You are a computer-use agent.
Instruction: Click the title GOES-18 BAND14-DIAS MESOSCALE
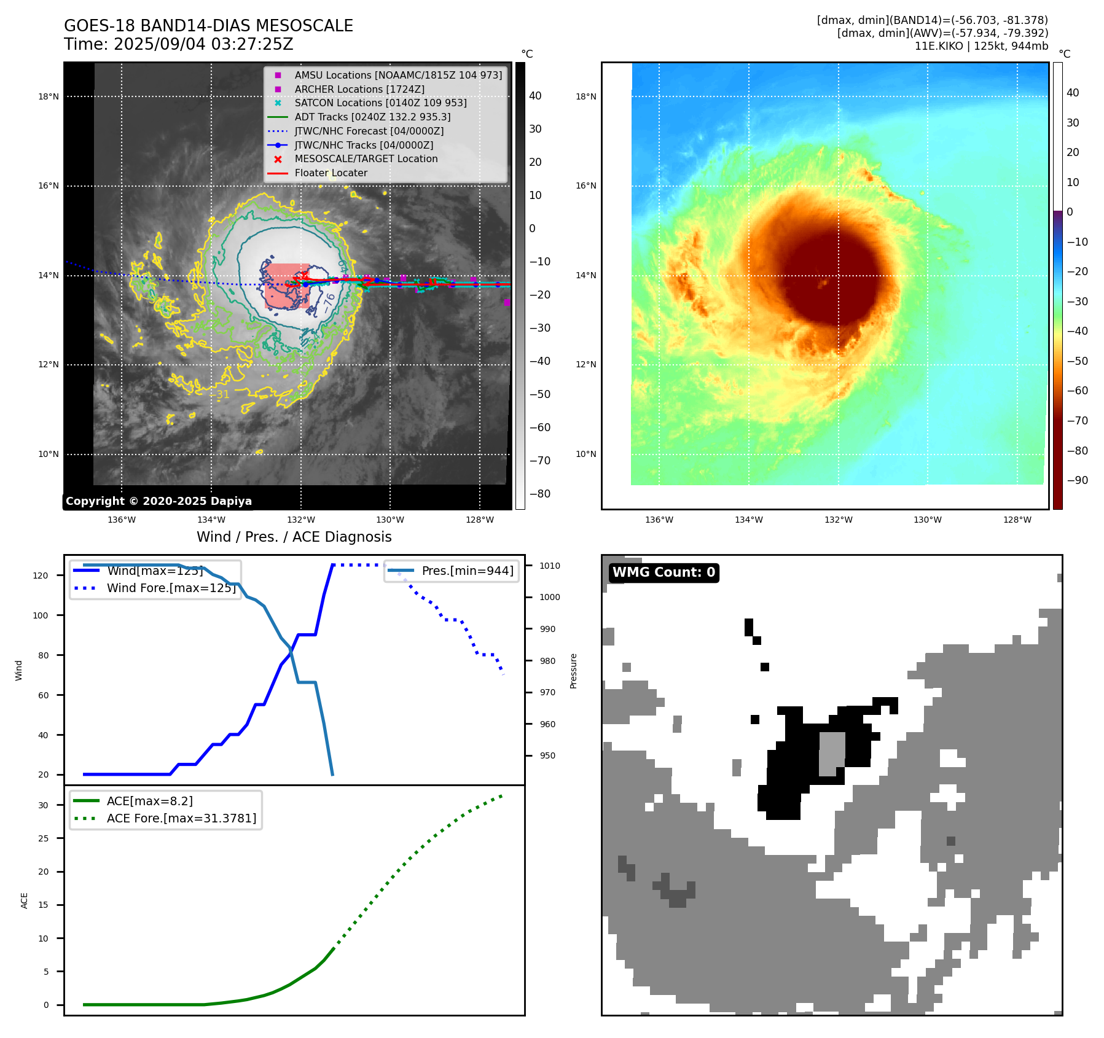(208, 26)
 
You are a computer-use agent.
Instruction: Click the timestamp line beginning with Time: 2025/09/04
(178, 44)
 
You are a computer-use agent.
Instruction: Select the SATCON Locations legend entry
(380, 103)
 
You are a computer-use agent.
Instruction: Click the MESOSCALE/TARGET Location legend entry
(366, 158)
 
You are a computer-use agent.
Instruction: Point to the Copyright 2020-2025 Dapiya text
(159, 501)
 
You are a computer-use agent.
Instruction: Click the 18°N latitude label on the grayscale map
(49, 96)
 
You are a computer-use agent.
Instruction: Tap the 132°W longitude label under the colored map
(838, 520)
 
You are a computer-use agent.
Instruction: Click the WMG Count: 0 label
(664, 572)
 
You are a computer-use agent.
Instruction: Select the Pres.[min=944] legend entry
(467, 571)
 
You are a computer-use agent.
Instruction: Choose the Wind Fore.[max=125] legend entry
(171, 588)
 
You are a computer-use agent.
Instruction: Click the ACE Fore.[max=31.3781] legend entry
(181, 818)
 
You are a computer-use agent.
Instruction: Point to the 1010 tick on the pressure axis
(550, 566)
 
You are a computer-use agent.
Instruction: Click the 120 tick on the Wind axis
(41, 576)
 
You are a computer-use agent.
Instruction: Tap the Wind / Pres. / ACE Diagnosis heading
(294, 537)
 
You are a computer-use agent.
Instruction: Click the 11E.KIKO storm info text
(981, 46)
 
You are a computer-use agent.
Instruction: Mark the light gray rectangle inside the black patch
(832, 754)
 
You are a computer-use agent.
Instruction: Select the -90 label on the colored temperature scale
(1077, 480)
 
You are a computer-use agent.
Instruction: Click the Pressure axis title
(573, 671)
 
